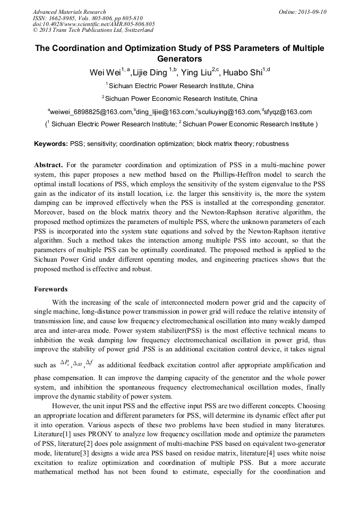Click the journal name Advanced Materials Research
tap(69, 12)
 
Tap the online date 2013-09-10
tap(312, 12)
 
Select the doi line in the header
tap(94, 24)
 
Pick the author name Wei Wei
tap(104, 73)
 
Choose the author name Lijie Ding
tap(149, 73)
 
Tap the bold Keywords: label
tap(51, 144)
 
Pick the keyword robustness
tap(271, 144)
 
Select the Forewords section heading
tap(51, 289)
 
